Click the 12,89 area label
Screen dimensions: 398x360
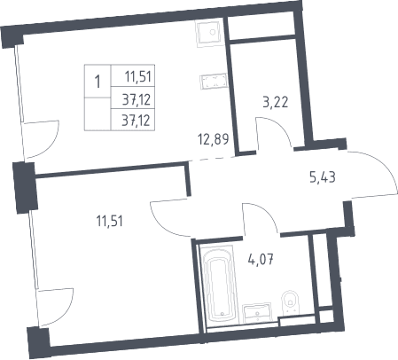click(x=214, y=139)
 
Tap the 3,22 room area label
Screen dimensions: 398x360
click(x=276, y=102)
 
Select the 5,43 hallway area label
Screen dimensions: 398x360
click(x=323, y=177)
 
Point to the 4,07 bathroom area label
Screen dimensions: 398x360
click(x=261, y=260)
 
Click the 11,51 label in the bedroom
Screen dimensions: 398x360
click(x=110, y=221)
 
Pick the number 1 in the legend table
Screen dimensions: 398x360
click(x=98, y=82)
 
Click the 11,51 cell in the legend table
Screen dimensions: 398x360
click(x=138, y=77)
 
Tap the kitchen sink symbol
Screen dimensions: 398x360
click(x=209, y=32)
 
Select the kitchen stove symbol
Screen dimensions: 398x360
click(x=214, y=82)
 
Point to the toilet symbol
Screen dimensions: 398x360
click(x=291, y=302)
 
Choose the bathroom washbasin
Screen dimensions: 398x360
click(x=257, y=314)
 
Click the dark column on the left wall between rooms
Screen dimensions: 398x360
click(x=25, y=187)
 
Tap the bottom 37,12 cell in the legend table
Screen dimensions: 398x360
click(x=137, y=121)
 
